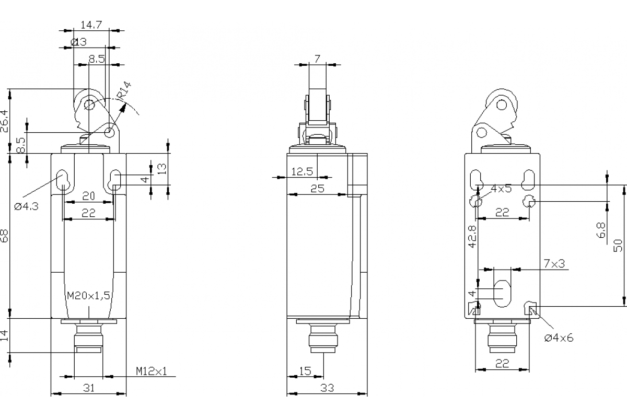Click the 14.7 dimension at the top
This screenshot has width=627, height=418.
[x=91, y=24]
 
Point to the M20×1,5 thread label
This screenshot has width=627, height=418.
[x=88, y=296]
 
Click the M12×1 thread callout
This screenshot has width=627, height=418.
[x=152, y=371]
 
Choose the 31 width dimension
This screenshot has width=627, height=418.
[x=89, y=387]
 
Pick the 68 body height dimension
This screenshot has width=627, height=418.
[x=5, y=236]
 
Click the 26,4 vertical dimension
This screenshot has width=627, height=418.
[x=5, y=121]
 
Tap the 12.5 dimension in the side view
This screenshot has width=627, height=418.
[x=301, y=171]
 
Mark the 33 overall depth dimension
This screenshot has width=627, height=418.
[x=327, y=388]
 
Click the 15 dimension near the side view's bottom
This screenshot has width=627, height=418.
[x=305, y=371]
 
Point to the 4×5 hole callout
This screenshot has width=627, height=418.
[x=501, y=189]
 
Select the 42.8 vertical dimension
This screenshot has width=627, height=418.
[x=472, y=236]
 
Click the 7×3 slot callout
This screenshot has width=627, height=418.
[x=554, y=263]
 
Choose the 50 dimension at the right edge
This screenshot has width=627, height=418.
[x=619, y=245]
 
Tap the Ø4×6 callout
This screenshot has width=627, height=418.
[x=559, y=338]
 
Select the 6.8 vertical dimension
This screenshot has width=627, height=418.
[x=601, y=230]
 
